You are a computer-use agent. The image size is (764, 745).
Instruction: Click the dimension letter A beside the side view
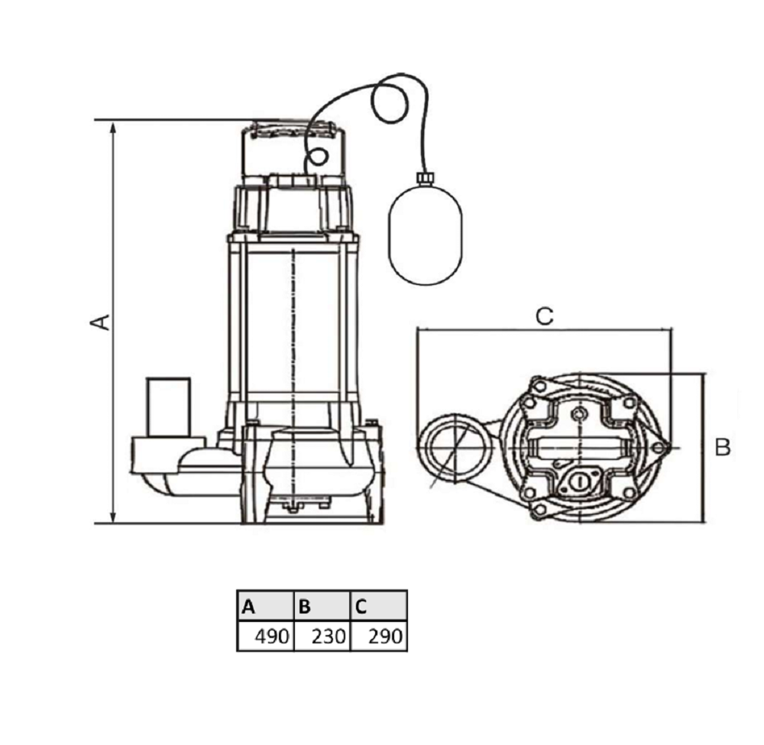point(101,322)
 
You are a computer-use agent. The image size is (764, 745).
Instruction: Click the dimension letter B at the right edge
point(723,447)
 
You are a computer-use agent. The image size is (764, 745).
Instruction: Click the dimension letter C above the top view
point(544,316)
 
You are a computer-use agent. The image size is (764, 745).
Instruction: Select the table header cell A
point(266,606)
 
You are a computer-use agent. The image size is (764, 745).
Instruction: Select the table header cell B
point(322,606)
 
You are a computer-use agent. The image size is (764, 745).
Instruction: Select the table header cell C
point(379,606)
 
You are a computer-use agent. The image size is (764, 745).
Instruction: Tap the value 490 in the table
point(273,636)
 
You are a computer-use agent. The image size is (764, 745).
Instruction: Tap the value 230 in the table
point(329,636)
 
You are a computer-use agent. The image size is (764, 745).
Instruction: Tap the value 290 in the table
point(385,636)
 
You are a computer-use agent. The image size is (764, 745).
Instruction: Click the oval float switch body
point(425,235)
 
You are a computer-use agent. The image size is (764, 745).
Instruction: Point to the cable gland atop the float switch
point(424,178)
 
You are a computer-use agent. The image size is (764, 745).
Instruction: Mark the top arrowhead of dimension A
point(113,128)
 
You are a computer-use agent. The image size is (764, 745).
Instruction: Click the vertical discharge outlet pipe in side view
point(169,407)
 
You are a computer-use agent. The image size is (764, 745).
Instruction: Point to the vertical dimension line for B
point(703,448)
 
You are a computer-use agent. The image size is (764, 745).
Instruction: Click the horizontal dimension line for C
point(544,330)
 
